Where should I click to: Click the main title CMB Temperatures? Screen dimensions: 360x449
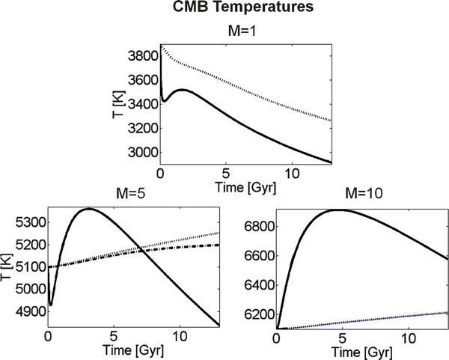coord(225,10)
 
